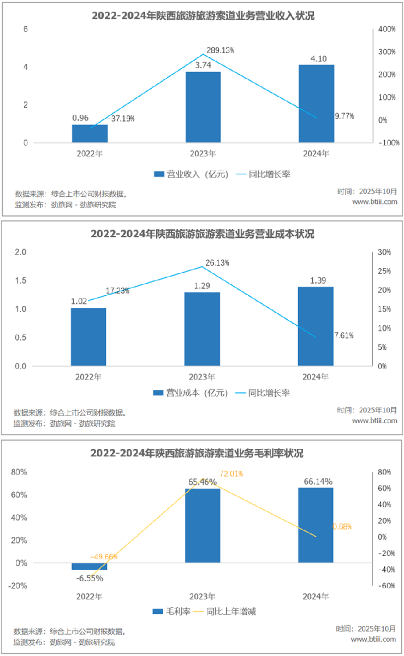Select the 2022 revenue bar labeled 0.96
pos(90,133)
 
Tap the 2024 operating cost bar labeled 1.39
pos(316,326)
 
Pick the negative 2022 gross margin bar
pos(90,566)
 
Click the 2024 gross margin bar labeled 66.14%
pos(316,525)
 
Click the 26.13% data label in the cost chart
pos(218,262)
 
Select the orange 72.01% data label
pos(231,473)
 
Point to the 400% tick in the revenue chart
pos(387,29)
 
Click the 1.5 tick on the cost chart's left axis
pos(20,280)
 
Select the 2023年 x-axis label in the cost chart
pos(202,377)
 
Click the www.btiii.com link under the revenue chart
pos(375,202)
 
